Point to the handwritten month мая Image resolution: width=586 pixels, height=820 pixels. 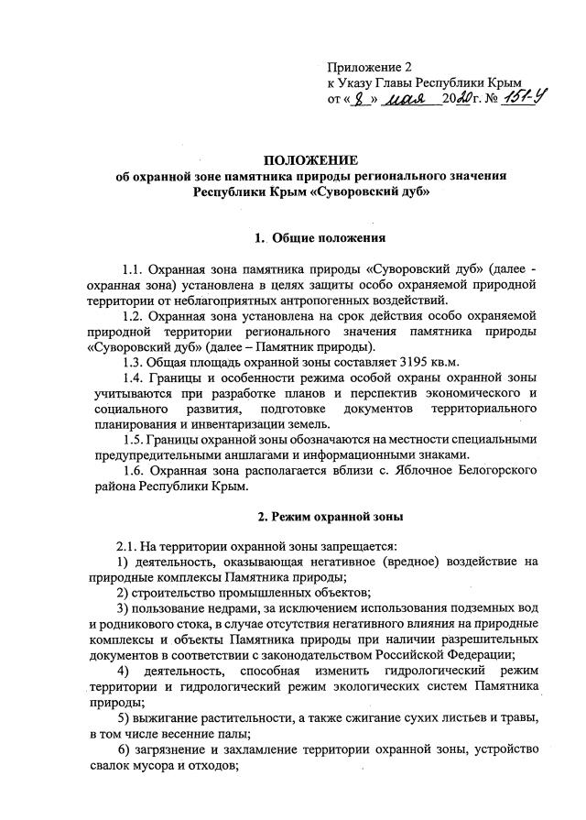408,98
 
